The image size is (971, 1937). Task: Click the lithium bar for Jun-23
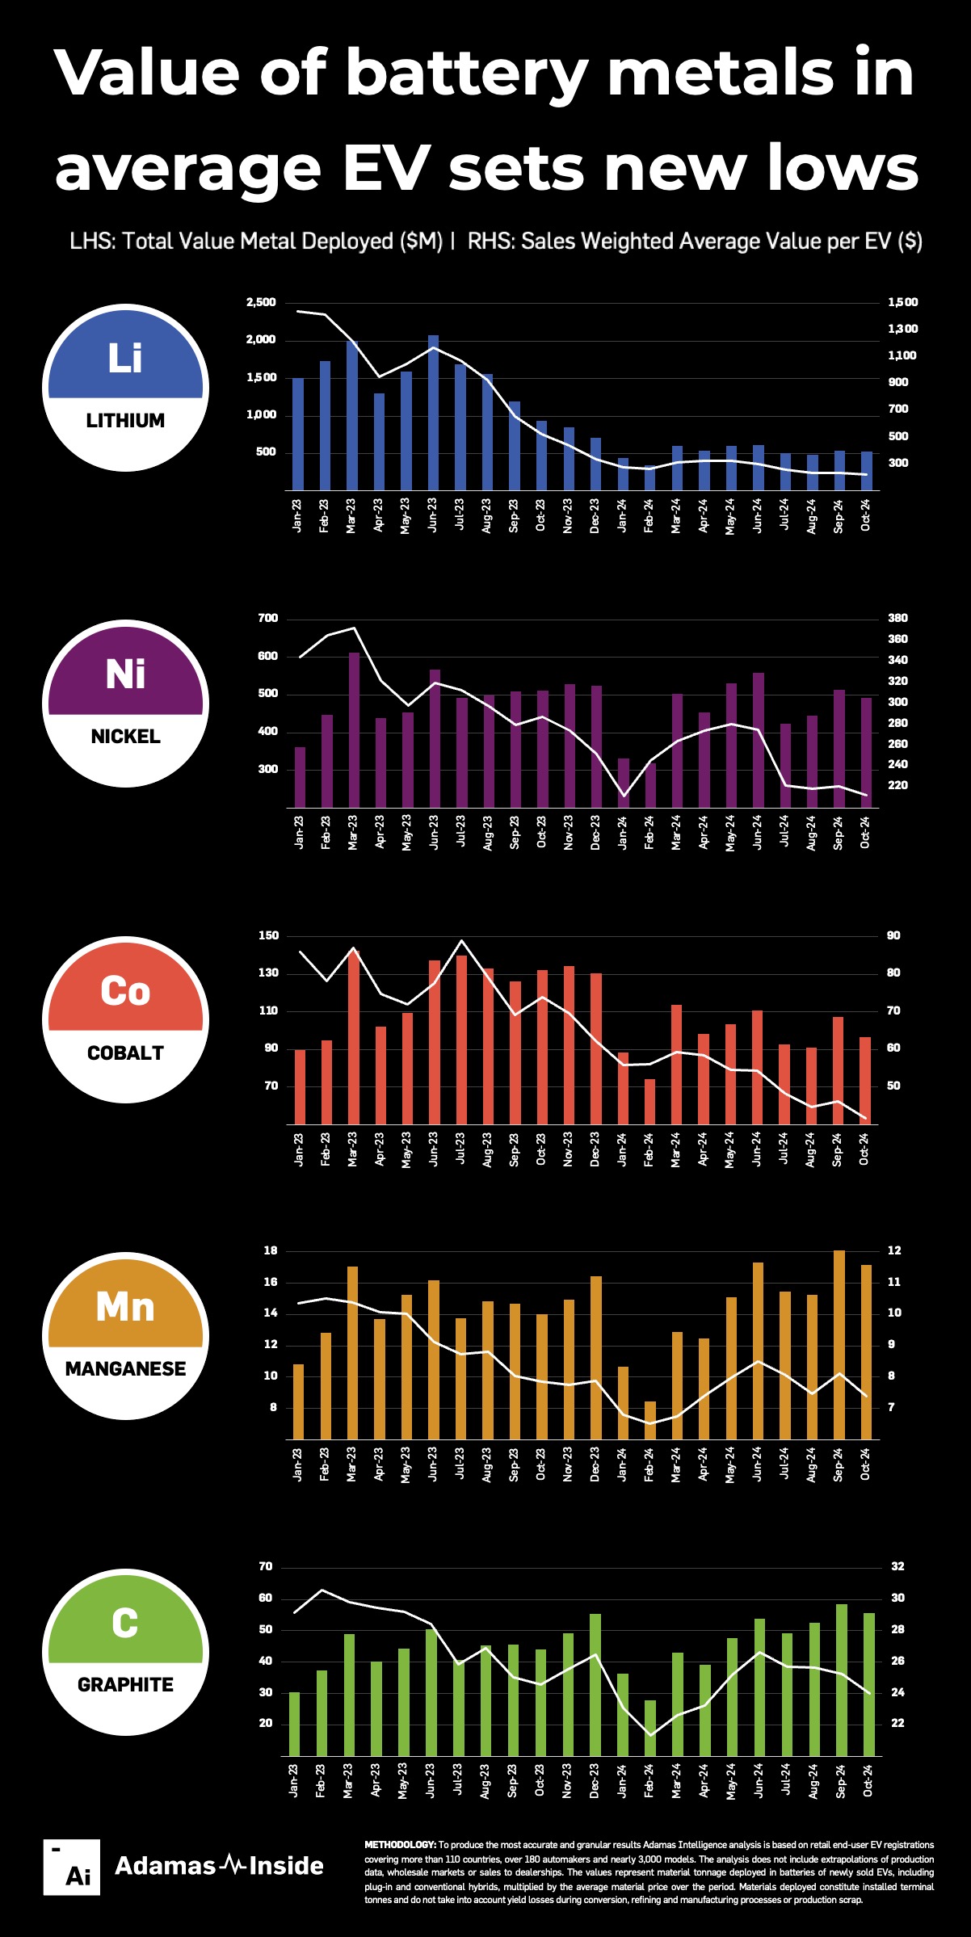433,413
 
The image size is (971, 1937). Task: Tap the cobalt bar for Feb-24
649,1101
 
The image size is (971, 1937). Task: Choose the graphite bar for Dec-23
595,1684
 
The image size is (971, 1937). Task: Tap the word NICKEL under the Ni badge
125,737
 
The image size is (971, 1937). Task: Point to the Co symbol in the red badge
125,991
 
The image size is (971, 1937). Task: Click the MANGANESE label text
125,1369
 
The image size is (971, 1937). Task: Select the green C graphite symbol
125,1623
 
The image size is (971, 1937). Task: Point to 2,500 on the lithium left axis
261,303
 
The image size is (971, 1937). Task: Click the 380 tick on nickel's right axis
897,619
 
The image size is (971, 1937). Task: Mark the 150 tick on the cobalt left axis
268,936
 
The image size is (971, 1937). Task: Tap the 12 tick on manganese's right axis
893,1251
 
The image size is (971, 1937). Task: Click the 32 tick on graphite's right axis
897,1567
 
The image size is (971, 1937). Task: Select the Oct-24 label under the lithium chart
865,515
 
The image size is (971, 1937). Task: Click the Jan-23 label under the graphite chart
294,1779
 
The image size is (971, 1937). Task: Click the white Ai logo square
72,1867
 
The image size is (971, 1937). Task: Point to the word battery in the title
467,73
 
